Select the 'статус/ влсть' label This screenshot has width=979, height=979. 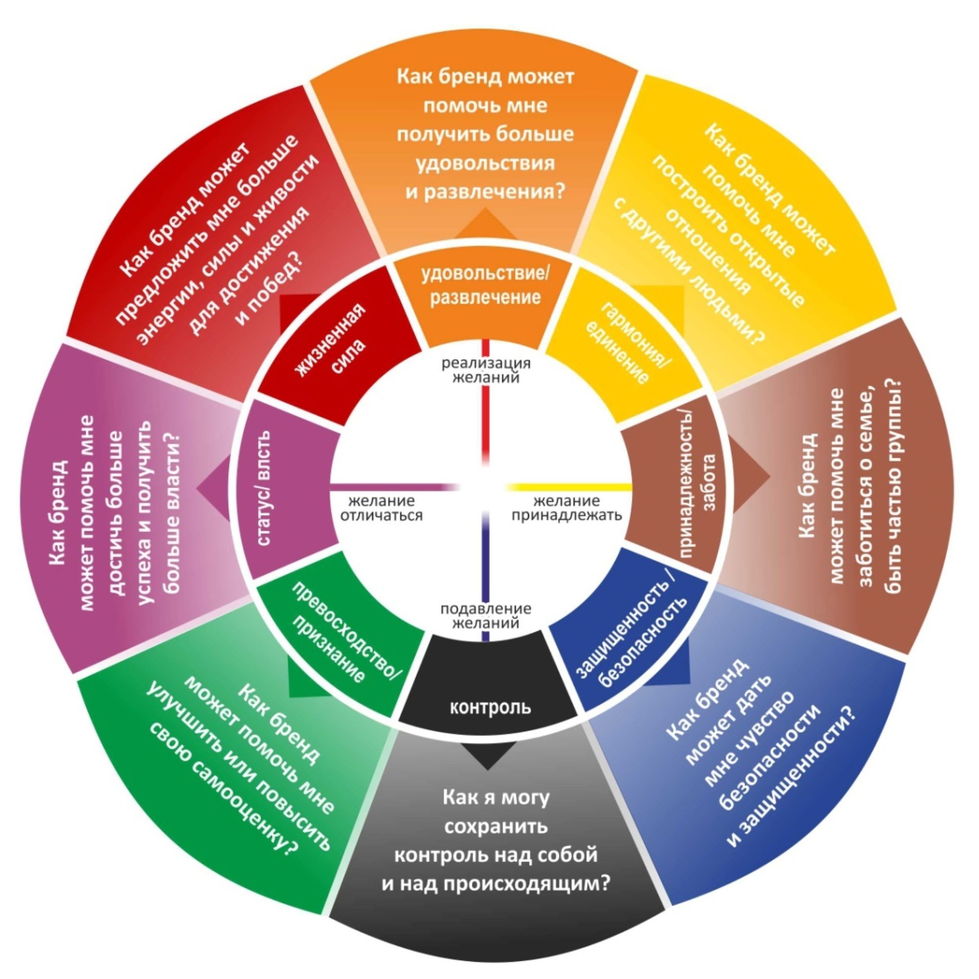pyautogui.click(x=265, y=489)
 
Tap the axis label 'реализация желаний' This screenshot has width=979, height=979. pyautogui.click(x=486, y=370)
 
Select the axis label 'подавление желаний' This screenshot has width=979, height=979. pyautogui.click(x=486, y=615)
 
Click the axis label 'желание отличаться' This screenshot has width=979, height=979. pyautogui.click(x=385, y=508)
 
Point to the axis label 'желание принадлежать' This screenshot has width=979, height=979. pyautogui.click(x=566, y=508)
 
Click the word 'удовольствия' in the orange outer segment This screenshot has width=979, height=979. pyautogui.click(x=486, y=163)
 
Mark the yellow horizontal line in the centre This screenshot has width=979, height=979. pyautogui.click(x=567, y=487)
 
